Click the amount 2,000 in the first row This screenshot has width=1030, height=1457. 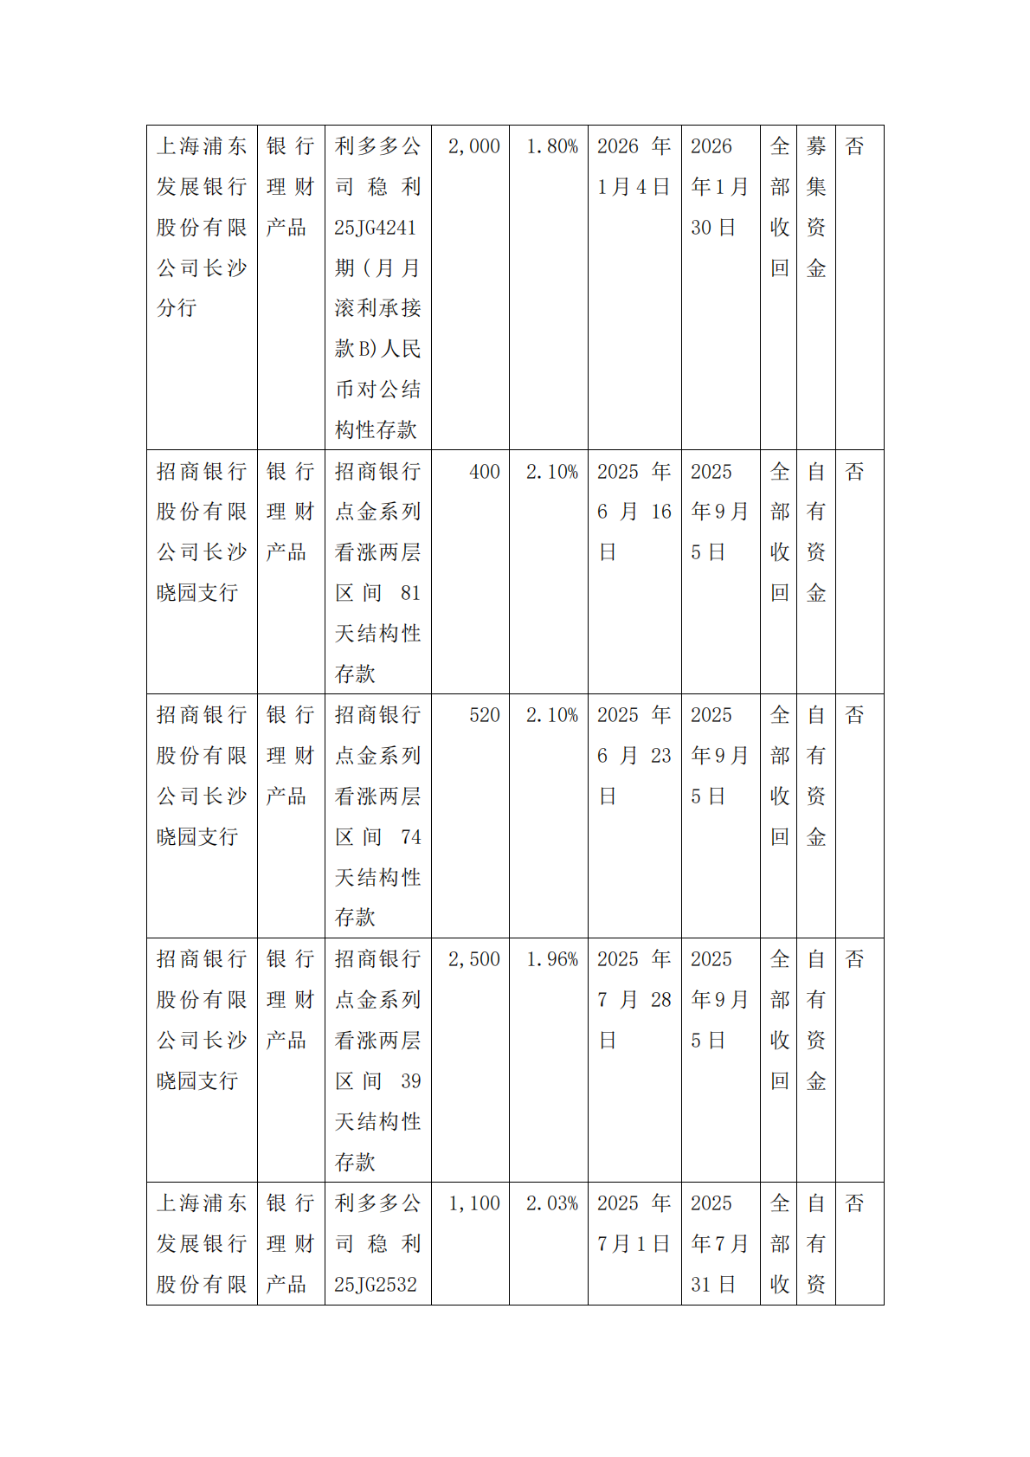pyautogui.click(x=473, y=146)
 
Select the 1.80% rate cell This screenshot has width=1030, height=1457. pyautogui.click(x=551, y=146)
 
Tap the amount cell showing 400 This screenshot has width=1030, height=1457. pyautogui.click(x=485, y=472)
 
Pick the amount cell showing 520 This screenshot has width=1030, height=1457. pyautogui.click(x=485, y=715)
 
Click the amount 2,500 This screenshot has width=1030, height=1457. pyautogui.click(x=473, y=959)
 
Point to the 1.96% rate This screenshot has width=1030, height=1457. pyautogui.click(x=551, y=959)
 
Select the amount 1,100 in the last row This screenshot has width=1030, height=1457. pyautogui.click(x=473, y=1203)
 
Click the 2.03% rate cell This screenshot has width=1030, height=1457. pyautogui.click(x=551, y=1203)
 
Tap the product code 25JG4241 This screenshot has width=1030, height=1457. pyautogui.click(x=375, y=228)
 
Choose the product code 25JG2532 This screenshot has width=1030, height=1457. pyautogui.click(x=375, y=1285)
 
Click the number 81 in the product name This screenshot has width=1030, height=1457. pyautogui.click(x=410, y=593)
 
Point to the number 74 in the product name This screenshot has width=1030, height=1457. pyautogui.click(x=410, y=837)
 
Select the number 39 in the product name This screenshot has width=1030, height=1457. pyautogui.click(x=410, y=1081)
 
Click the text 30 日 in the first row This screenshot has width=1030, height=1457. pyautogui.click(x=712, y=228)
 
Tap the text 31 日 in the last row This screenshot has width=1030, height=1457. pyautogui.click(x=712, y=1285)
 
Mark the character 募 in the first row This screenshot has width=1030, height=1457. pyautogui.click(x=815, y=146)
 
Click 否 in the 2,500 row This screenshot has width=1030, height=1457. pyautogui.click(x=854, y=959)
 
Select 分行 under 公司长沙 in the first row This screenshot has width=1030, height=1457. pyautogui.click(x=177, y=308)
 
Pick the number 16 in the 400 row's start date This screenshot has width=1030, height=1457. pyautogui.click(x=661, y=512)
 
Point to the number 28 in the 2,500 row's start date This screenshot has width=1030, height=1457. pyautogui.click(x=661, y=1000)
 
